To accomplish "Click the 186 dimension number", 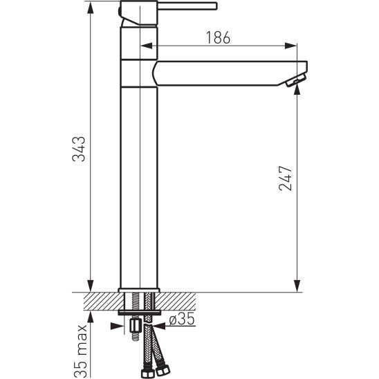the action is click(218, 38).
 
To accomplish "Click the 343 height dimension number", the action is click(79, 149).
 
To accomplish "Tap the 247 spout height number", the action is click(286, 178).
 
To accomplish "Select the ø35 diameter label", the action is click(182, 319).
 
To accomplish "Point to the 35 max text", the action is click(80, 351).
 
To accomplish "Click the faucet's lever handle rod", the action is click(187, 6).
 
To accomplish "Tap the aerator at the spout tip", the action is click(296, 80).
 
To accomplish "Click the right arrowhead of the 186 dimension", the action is click(290, 46).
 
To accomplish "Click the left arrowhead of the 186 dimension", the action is click(147, 46).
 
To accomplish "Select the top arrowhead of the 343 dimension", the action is click(91, 8).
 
